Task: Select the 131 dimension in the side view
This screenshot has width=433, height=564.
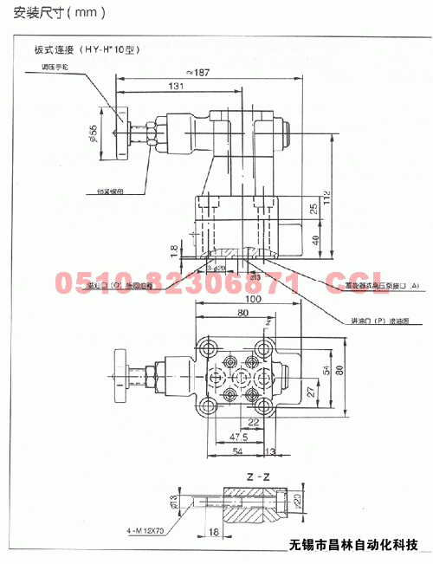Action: click(176, 87)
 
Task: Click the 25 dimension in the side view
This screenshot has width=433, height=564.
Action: click(314, 209)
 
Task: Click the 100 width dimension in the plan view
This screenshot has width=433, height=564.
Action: click(252, 299)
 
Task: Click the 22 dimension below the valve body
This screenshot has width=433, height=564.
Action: click(253, 422)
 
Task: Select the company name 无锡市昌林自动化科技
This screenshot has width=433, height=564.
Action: click(352, 546)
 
